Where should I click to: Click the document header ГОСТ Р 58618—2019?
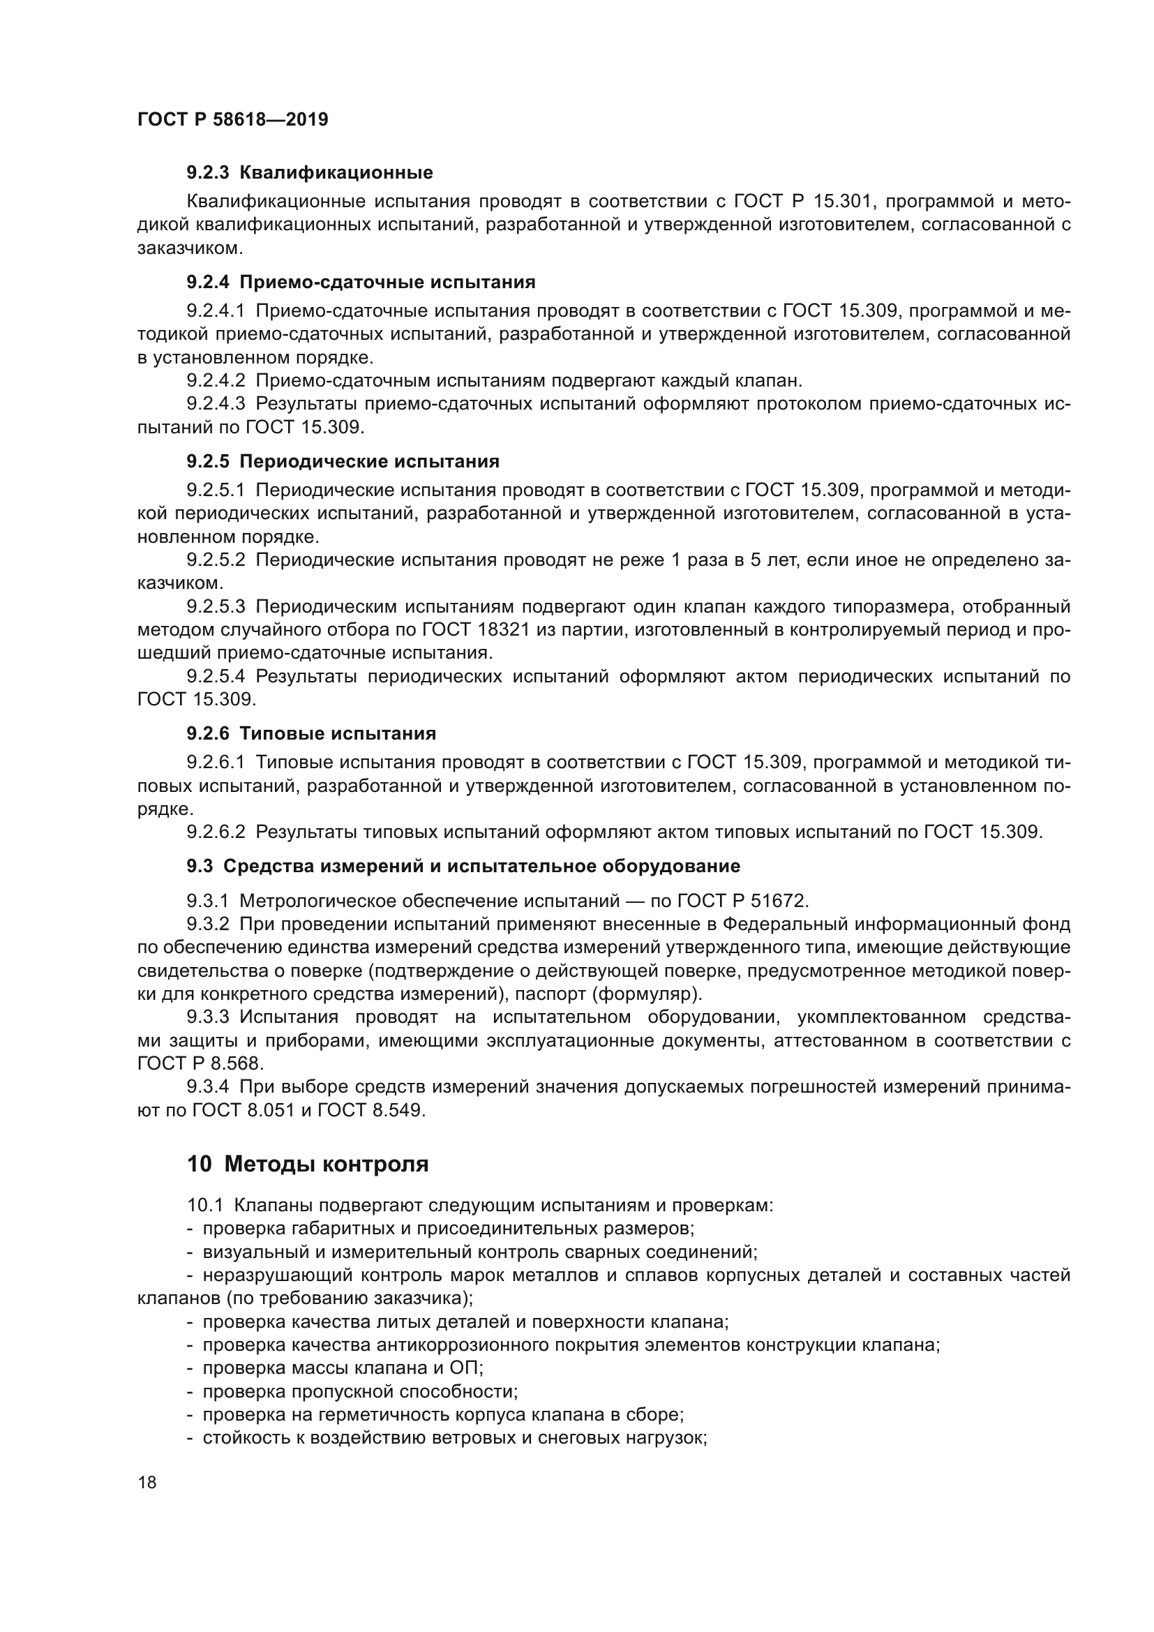pyautogui.click(x=232, y=119)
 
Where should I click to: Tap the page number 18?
pyautogui.click(x=147, y=1483)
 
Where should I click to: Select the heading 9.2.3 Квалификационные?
pyautogui.click(x=310, y=173)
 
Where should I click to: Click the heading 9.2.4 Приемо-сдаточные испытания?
pyautogui.click(x=361, y=282)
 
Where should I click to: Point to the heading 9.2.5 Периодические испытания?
pyautogui.click(x=343, y=461)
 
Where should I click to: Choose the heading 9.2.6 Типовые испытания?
pyautogui.click(x=311, y=733)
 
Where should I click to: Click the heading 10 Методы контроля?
pyautogui.click(x=308, y=1165)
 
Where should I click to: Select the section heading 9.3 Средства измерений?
pyautogui.click(x=463, y=866)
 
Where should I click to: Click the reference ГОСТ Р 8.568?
pyautogui.click(x=200, y=1064)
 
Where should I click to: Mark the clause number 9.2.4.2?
pyautogui.click(x=216, y=380)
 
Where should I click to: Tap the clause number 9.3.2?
pyautogui.click(x=207, y=924)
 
